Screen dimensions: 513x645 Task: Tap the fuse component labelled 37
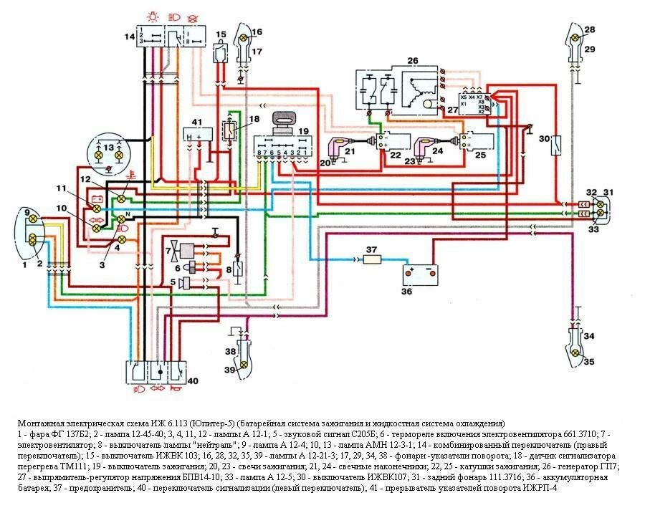pyautogui.click(x=372, y=259)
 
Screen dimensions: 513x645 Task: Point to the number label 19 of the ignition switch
pyautogui.click(x=304, y=131)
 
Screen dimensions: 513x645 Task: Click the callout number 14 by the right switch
pyautogui.click(x=128, y=36)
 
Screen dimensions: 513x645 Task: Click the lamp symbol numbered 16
pyautogui.click(x=244, y=38)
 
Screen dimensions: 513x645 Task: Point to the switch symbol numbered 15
pyautogui.click(x=222, y=51)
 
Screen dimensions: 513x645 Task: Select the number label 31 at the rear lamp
pyautogui.click(x=608, y=193)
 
